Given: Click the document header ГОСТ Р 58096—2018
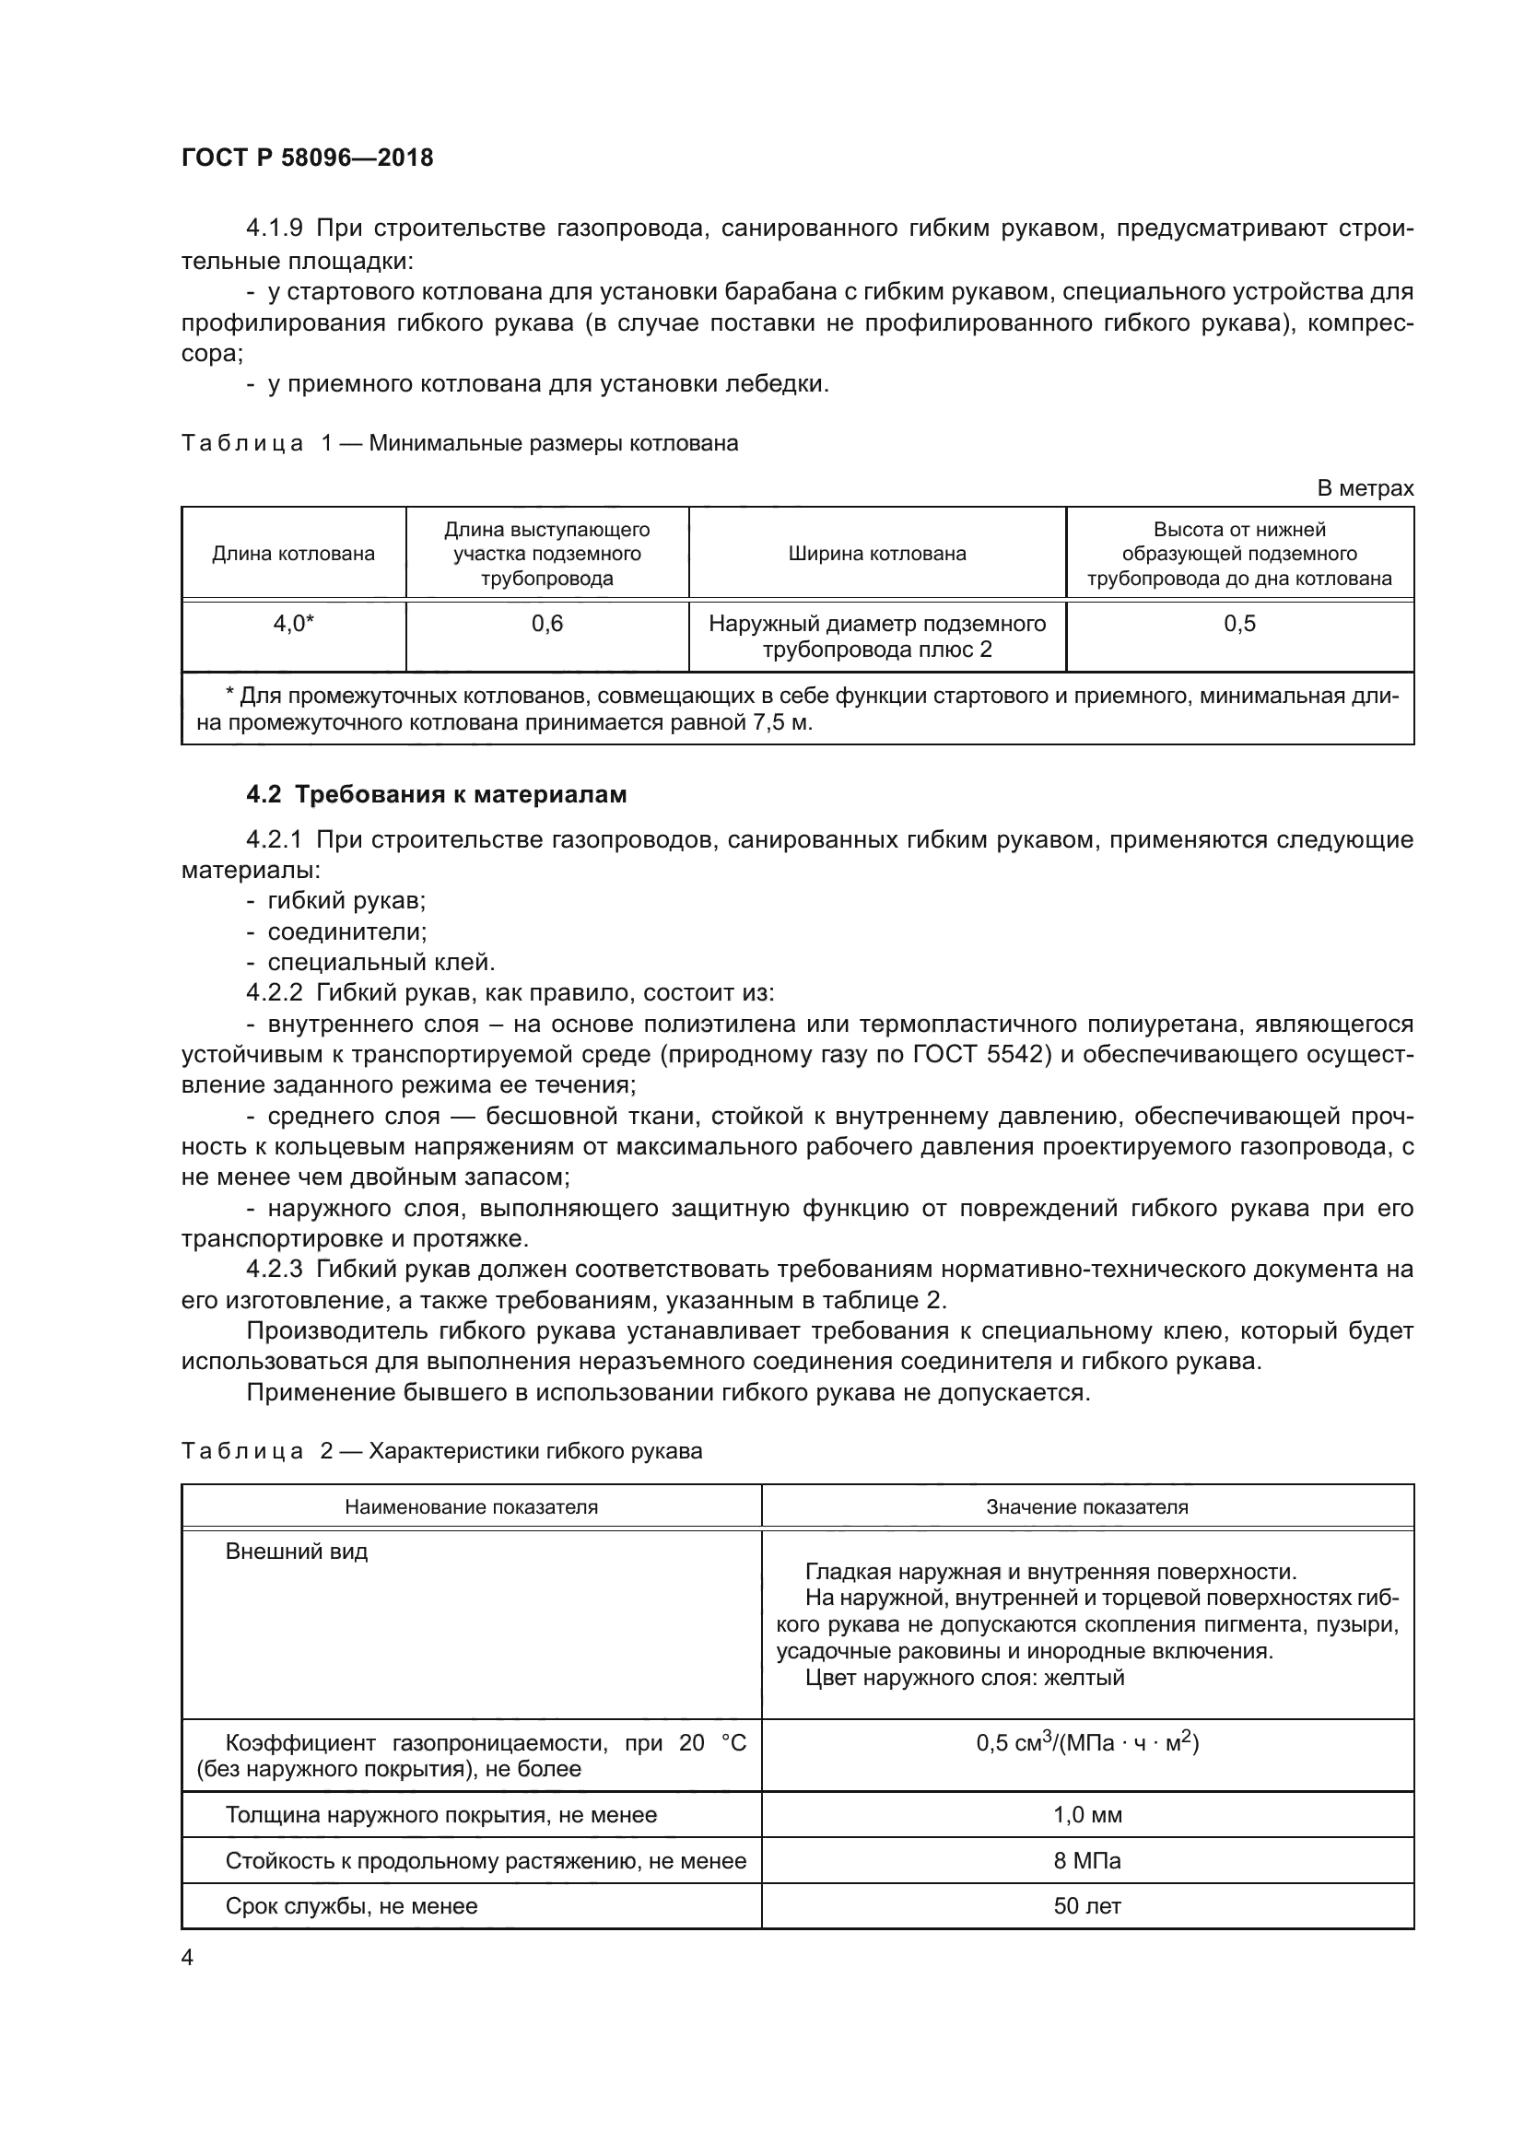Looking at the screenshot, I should [x=307, y=158].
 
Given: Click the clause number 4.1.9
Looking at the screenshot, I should [x=274, y=228].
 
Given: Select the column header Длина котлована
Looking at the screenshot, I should [x=293, y=554].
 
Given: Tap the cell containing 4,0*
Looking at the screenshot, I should [x=293, y=623].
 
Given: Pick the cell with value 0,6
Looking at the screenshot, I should [x=547, y=623].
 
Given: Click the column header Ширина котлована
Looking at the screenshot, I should [x=876, y=554].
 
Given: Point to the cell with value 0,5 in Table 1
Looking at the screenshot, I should [x=1238, y=623].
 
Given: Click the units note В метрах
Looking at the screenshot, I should [x=1365, y=488].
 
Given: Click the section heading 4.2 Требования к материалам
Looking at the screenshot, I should [x=437, y=794].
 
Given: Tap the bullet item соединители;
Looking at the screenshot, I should [x=347, y=931].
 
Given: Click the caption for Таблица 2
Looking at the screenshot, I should [x=441, y=1451].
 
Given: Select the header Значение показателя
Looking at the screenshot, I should [x=1086, y=1507].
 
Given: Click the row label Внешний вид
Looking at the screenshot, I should [x=297, y=1552].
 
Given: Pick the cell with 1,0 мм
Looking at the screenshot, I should [x=1086, y=1814].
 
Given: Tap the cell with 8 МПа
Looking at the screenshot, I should [x=1086, y=1860].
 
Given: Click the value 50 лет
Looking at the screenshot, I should [x=1086, y=1906].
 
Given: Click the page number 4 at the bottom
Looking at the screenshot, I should [x=188, y=1958].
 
